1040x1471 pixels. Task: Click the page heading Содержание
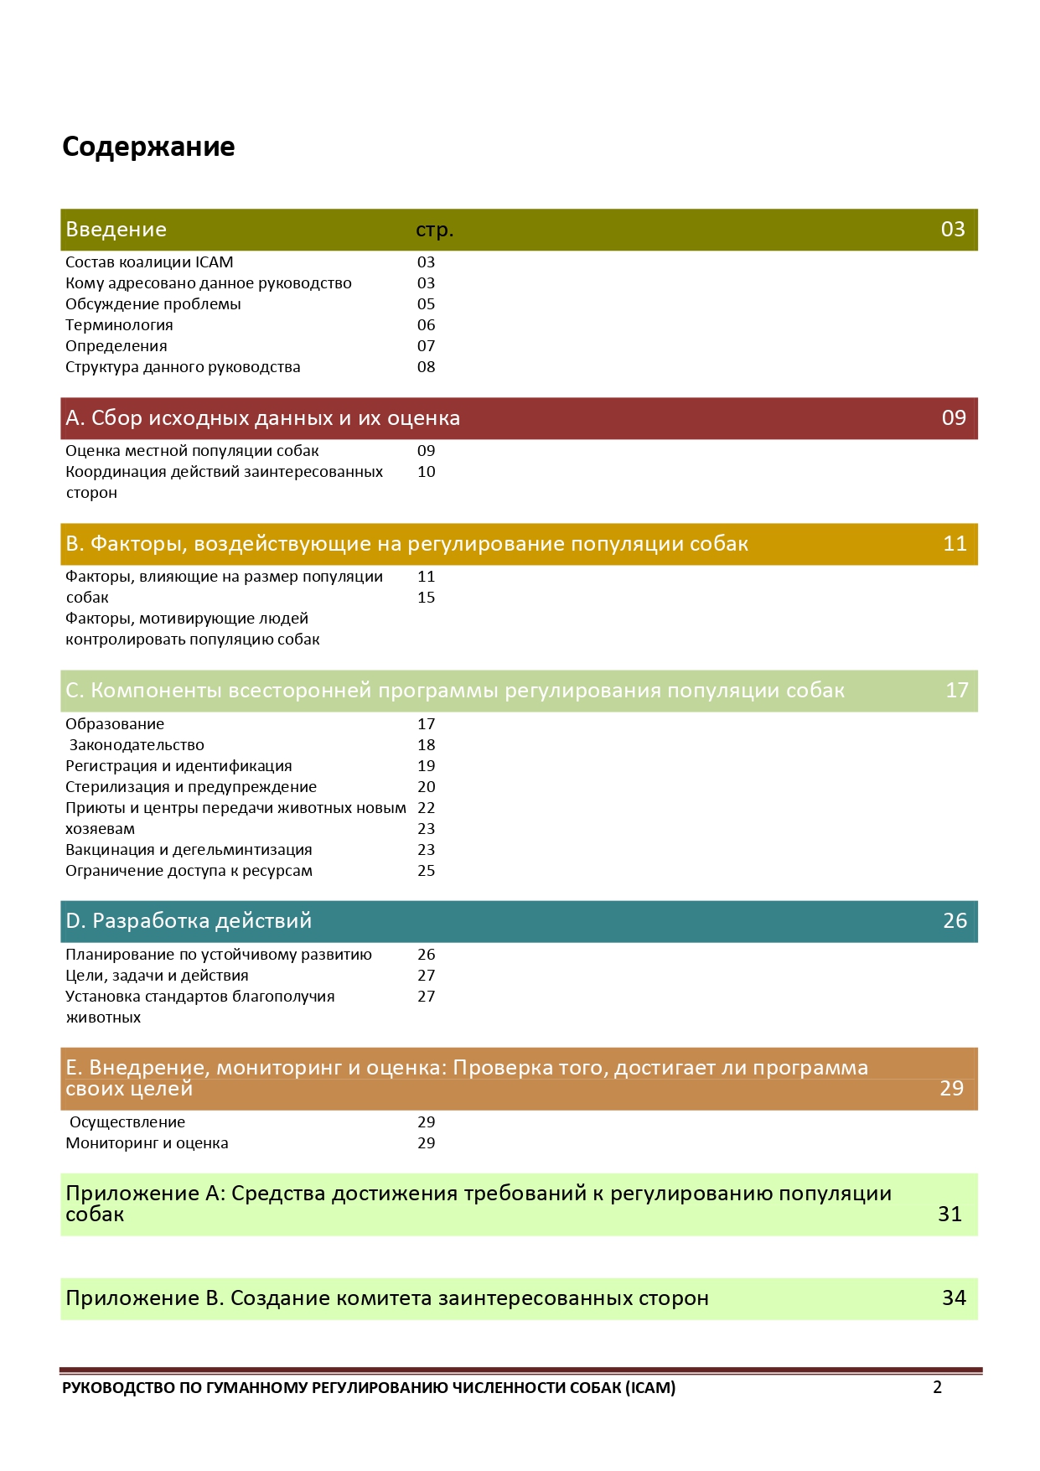coord(148,147)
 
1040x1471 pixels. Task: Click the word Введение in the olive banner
coord(116,230)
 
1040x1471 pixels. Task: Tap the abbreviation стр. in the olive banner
coord(434,230)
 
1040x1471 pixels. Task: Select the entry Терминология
coord(119,325)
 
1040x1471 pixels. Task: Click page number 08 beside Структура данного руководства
coord(426,367)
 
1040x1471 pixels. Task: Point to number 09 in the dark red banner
coord(954,418)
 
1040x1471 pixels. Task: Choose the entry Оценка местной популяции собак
coord(192,451)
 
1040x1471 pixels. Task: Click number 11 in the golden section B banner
coord(955,544)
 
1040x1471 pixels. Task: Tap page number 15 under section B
coord(426,598)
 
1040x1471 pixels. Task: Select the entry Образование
coord(115,724)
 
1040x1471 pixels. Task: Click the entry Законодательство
coord(137,745)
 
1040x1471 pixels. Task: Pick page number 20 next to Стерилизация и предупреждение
coord(426,787)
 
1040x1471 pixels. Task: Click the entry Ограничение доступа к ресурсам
coord(189,871)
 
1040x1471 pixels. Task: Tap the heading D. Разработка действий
coord(189,921)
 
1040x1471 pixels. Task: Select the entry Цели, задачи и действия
coord(157,976)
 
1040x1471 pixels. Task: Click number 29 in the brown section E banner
coord(951,1089)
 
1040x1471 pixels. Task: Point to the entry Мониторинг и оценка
coord(147,1143)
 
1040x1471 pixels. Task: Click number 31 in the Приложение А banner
coord(949,1215)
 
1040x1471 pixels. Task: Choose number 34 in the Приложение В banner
coord(954,1298)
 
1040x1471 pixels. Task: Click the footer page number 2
coord(937,1387)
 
